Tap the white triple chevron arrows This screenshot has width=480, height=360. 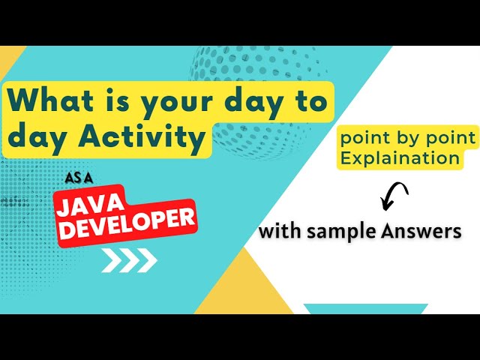tap(129, 259)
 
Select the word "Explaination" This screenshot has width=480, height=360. tap(399, 158)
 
